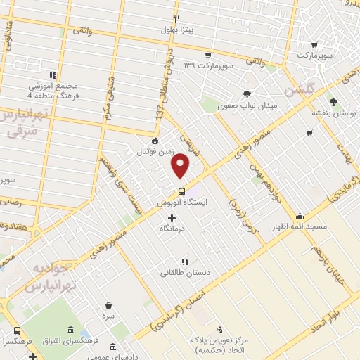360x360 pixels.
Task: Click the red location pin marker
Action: pyautogui.click(x=181, y=165)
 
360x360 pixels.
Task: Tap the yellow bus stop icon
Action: pyautogui.click(x=182, y=191)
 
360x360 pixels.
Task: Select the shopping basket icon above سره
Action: pyautogui.click(x=109, y=305)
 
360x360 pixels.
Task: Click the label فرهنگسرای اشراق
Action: pyautogui.click(x=70, y=342)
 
